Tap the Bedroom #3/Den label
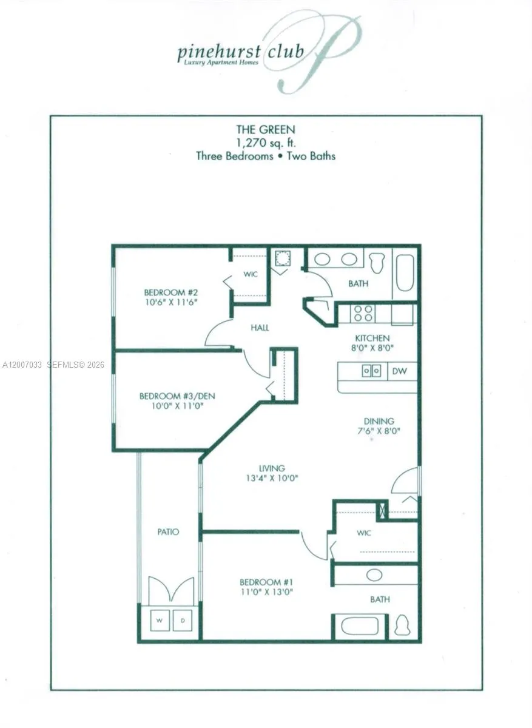click(177, 396)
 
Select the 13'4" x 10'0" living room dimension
click(272, 477)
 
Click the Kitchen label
click(372, 338)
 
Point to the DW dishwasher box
click(400, 371)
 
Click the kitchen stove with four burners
click(363, 314)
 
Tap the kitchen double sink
click(371, 371)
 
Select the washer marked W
click(160, 620)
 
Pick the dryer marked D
click(183, 620)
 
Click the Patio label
click(168, 531)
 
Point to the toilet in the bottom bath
click(402, 625)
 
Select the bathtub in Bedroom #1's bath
click(360, 626)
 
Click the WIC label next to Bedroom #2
click(251, 274)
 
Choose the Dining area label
click(379, 420)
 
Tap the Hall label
click(260, 328)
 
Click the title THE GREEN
click(265, 129)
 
